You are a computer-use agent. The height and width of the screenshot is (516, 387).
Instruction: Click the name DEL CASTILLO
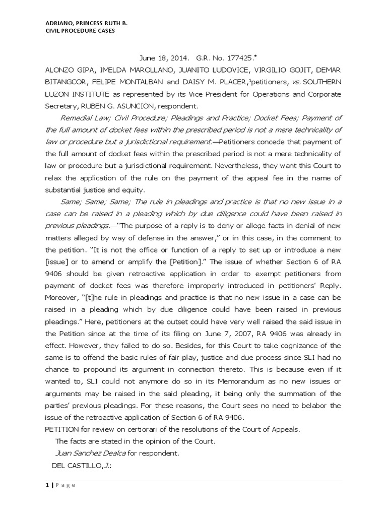point(75,465)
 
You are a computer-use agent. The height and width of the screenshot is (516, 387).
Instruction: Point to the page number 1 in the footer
point(46,485)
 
